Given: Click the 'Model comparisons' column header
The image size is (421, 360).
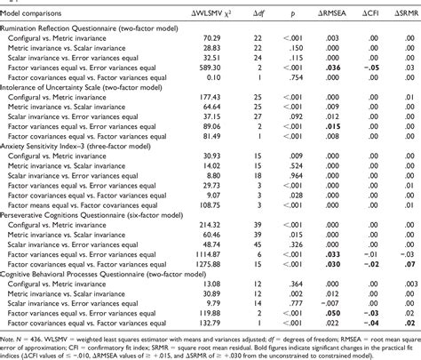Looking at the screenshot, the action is click(36, 11).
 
